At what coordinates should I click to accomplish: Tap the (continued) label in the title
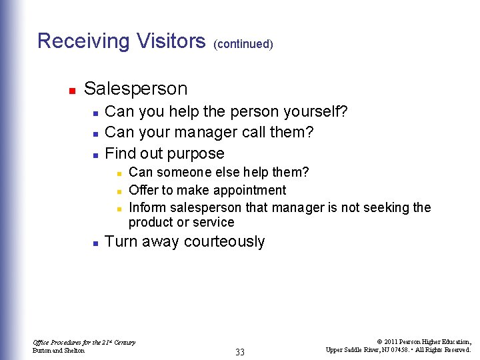click(243, 45)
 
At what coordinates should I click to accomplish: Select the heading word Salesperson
click(135, 89)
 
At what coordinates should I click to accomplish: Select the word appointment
click(246, 191)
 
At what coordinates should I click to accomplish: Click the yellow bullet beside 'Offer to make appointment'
click(119, 191)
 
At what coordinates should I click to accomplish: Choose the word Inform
click(147, 207)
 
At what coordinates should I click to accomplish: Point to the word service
click(215, 223)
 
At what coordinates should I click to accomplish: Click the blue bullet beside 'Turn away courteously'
click(95, 243)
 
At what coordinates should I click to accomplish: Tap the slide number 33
click(240, 352)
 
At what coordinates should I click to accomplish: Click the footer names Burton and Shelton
click(59, 351)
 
